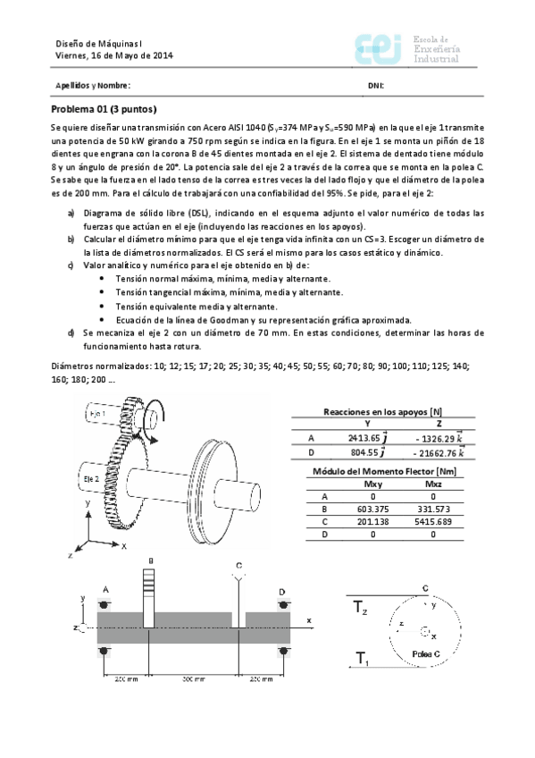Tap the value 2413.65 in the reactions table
point(364,438)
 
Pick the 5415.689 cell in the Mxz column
point(433,521)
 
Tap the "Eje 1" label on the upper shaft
point(97,415)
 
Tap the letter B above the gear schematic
point(151,560)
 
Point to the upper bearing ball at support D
point(282,606)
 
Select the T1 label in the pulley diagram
point(362,660)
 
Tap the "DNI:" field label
point(375,86)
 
